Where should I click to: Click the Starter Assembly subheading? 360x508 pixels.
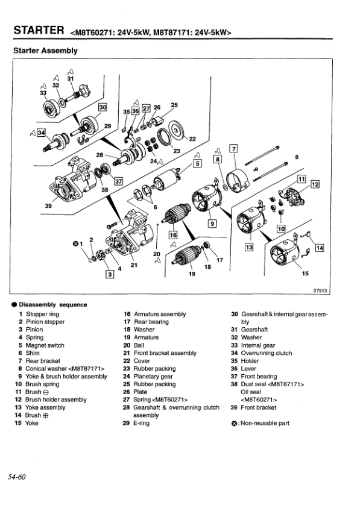45,51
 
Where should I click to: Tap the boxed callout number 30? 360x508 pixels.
103,107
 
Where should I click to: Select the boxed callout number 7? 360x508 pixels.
235,148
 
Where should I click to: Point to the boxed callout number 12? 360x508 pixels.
315,183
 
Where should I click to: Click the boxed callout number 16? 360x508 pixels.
173,235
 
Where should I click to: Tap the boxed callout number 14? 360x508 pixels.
319,248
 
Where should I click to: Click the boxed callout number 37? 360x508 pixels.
118,180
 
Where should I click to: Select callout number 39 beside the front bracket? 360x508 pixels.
48,205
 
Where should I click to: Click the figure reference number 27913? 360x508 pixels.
320,290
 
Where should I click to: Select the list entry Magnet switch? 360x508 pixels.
45,345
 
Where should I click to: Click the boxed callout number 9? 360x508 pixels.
212,223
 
